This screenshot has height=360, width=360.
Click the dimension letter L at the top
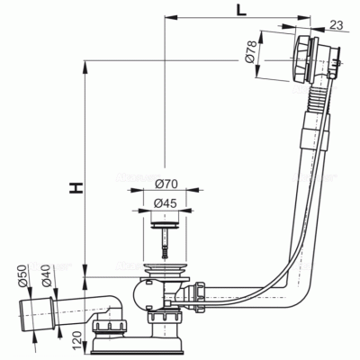(x=241, y=11)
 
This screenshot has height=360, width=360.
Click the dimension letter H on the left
(x=76, y=188)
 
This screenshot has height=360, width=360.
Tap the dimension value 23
(x=336, y=25)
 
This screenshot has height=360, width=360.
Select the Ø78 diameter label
(x=251, y=51)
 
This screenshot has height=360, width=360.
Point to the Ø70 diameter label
(x=166, y=184)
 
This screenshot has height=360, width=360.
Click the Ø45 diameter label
(x=165, y=203)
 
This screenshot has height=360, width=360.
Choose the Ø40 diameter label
(x=48, y=276)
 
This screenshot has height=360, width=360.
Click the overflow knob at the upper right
(x=301, y=59)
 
